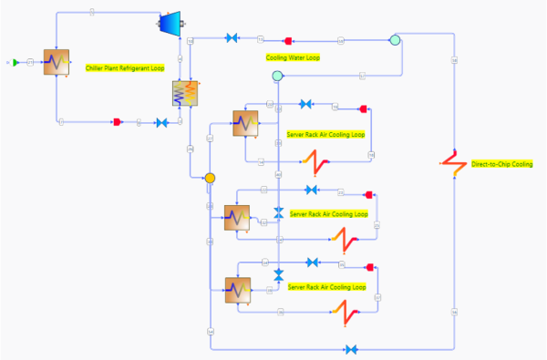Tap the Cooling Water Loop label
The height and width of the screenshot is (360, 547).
click(x=293, y=57)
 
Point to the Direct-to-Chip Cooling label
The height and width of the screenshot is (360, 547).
click(x=501, y=164)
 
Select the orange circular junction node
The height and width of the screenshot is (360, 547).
click(x=210, y=178)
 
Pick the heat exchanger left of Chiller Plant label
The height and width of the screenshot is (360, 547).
click(x=57, y=63)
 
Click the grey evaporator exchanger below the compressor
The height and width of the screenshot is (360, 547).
click(x=185, y=94)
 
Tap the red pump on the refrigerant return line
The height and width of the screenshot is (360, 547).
click(x=118, y=122)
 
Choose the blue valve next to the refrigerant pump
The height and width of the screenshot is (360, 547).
click(x=161, y=122)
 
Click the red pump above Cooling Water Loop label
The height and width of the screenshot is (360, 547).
click(x=288, y=40)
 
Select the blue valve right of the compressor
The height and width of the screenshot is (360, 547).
click(x=232, y=37)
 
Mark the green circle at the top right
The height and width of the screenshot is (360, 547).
click(x=395, y=40)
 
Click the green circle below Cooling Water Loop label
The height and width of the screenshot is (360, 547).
click(x=277, y=77)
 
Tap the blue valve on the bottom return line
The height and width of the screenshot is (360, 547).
click(x=352, y=349)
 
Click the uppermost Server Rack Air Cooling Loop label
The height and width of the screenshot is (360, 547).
click(x=325, y=134)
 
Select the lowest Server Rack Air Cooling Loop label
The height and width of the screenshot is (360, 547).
click(x=326, y=287)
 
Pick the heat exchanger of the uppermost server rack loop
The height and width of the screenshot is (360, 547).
click(x=245, y=121)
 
